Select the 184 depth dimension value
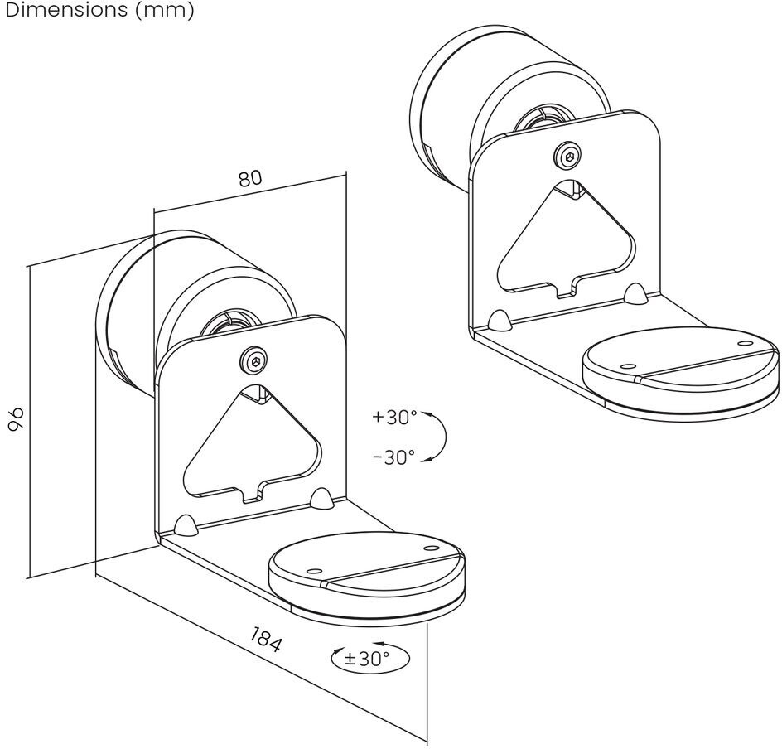(266, 640)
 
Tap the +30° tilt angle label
(395, 417)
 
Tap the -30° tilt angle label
(394, 457)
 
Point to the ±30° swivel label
(367, 660)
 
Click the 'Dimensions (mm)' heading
(98, 11)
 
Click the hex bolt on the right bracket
(567, 156)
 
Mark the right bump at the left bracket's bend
(320, 498)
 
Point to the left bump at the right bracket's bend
(500, 321)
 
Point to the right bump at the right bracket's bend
(635, 294)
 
